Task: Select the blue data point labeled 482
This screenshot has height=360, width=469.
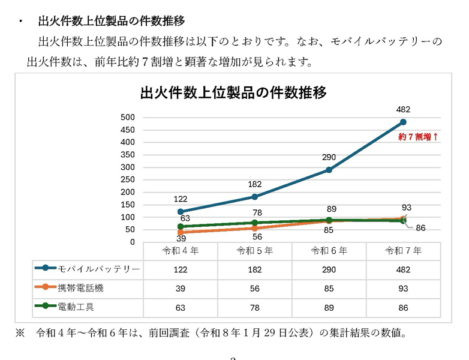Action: coord(403,122)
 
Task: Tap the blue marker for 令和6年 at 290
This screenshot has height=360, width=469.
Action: coord(329,170)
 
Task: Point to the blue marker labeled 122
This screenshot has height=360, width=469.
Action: coord(181,212)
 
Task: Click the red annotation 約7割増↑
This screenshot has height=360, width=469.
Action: coord(419,137)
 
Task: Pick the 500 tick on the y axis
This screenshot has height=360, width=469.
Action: coord(127,117)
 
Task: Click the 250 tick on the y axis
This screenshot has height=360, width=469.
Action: coord(127,179)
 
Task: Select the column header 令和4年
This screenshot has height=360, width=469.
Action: coord(181,251)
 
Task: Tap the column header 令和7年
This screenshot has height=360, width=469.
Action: coord(403,251)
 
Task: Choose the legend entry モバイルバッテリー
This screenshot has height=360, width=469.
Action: coord(99,269)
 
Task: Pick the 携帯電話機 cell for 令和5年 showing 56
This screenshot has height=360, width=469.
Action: coord(255,289)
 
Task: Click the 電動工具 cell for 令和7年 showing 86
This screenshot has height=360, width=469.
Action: coord(403,308)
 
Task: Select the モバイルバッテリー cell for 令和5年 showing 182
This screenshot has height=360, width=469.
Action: coord(255,269)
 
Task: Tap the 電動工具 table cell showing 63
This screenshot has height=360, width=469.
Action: coord(181,308)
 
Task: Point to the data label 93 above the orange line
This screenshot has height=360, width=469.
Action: coord(407,208)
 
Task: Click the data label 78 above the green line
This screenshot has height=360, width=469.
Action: coord(257,212)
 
